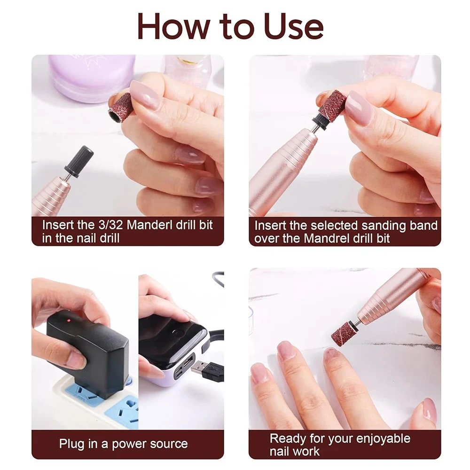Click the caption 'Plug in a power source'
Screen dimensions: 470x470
click(123, 444)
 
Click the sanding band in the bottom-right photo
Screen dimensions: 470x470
click(343, 331)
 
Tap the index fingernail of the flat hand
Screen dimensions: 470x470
click(286, 351)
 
